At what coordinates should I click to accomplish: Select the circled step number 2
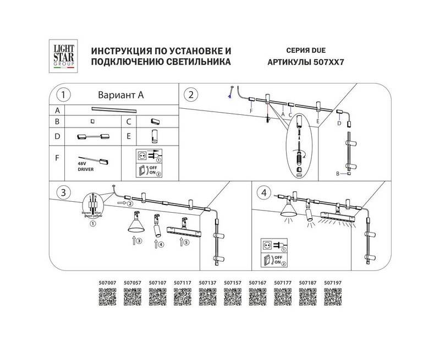pos(190,95)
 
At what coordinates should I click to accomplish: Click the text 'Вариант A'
pos(120,95)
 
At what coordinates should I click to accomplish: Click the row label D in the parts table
pos(57,135)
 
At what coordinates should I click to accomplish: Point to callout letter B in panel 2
pos(339,174)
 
